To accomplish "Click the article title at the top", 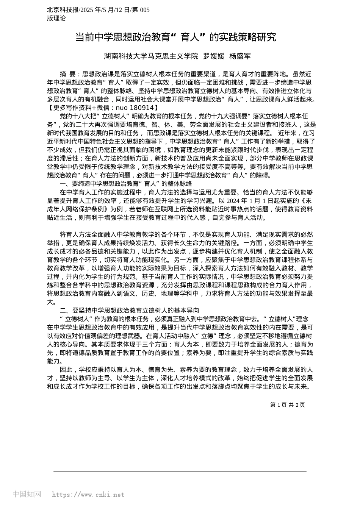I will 175,37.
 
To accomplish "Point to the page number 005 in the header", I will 145,10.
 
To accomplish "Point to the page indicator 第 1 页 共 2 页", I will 287,405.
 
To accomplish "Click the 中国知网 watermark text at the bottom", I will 27,494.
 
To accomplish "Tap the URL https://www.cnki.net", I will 88,495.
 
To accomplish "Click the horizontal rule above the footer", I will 180,472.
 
